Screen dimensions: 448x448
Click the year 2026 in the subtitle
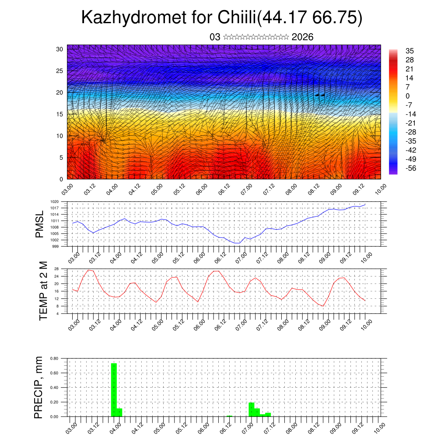pos(302,37)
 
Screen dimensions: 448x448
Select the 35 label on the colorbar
pos(409,51)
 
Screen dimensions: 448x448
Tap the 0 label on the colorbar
pos(407,96)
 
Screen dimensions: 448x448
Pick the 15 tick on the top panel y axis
pos(60,114)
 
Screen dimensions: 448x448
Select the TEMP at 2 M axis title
pos(43,290)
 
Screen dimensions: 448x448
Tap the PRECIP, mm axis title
pos(39,387)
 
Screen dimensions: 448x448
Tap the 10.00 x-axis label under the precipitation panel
pos(378,425)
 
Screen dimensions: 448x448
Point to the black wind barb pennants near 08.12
pos(320,95)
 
